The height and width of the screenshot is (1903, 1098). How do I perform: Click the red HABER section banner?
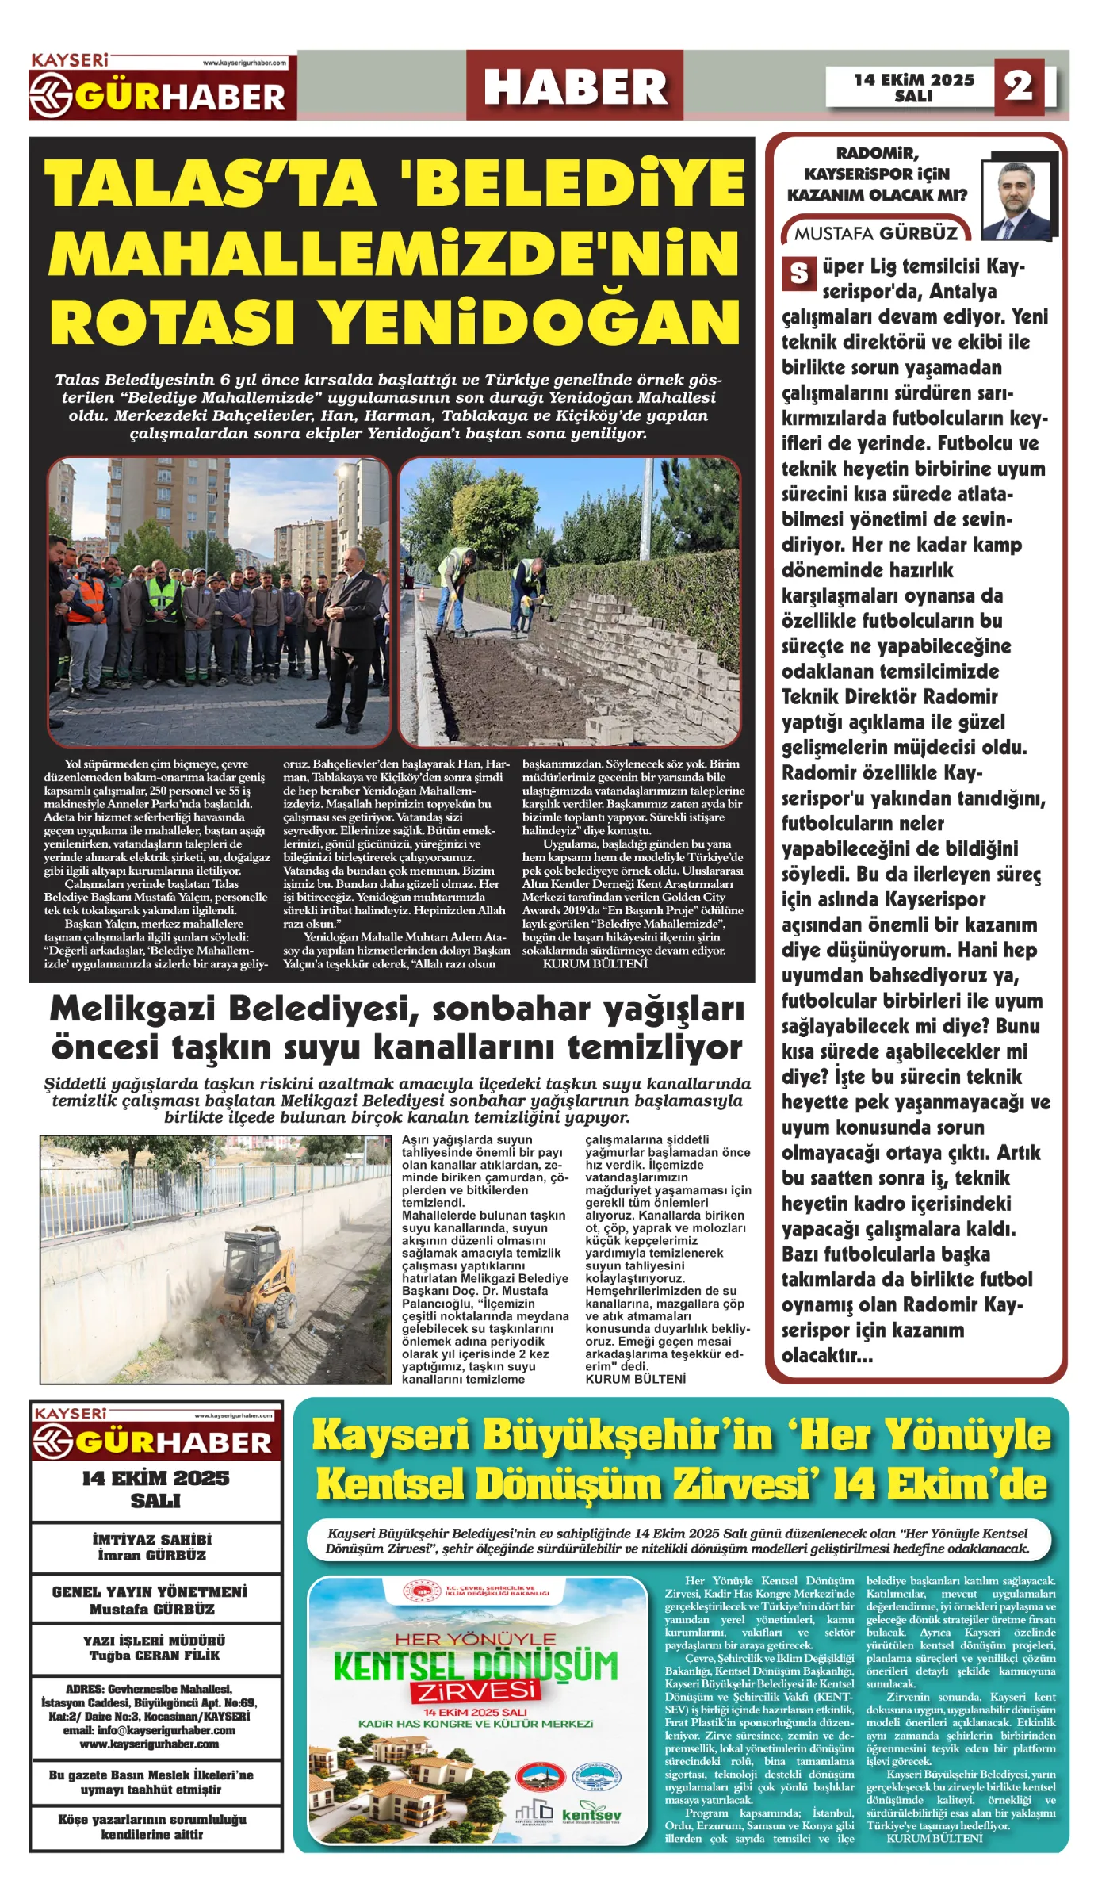coord(575,86)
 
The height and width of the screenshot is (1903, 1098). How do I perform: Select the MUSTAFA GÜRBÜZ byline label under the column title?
coord(875,233)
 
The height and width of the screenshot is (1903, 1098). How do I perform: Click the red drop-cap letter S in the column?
coord(798,274)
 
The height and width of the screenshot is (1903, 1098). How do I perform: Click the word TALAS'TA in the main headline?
coord(210,183)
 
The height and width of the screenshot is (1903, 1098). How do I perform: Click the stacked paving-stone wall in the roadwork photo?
coord(634,642)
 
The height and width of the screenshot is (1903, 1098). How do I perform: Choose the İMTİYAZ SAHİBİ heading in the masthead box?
coord(152,1540)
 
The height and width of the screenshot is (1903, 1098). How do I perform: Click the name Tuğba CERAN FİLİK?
coord(154,1656)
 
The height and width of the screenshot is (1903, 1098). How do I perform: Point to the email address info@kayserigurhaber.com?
coord(149,1730)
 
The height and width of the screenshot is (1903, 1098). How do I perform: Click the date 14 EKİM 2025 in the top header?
coord(913,79)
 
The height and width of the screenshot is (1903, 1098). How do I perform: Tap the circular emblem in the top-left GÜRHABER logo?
coord(52,95)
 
